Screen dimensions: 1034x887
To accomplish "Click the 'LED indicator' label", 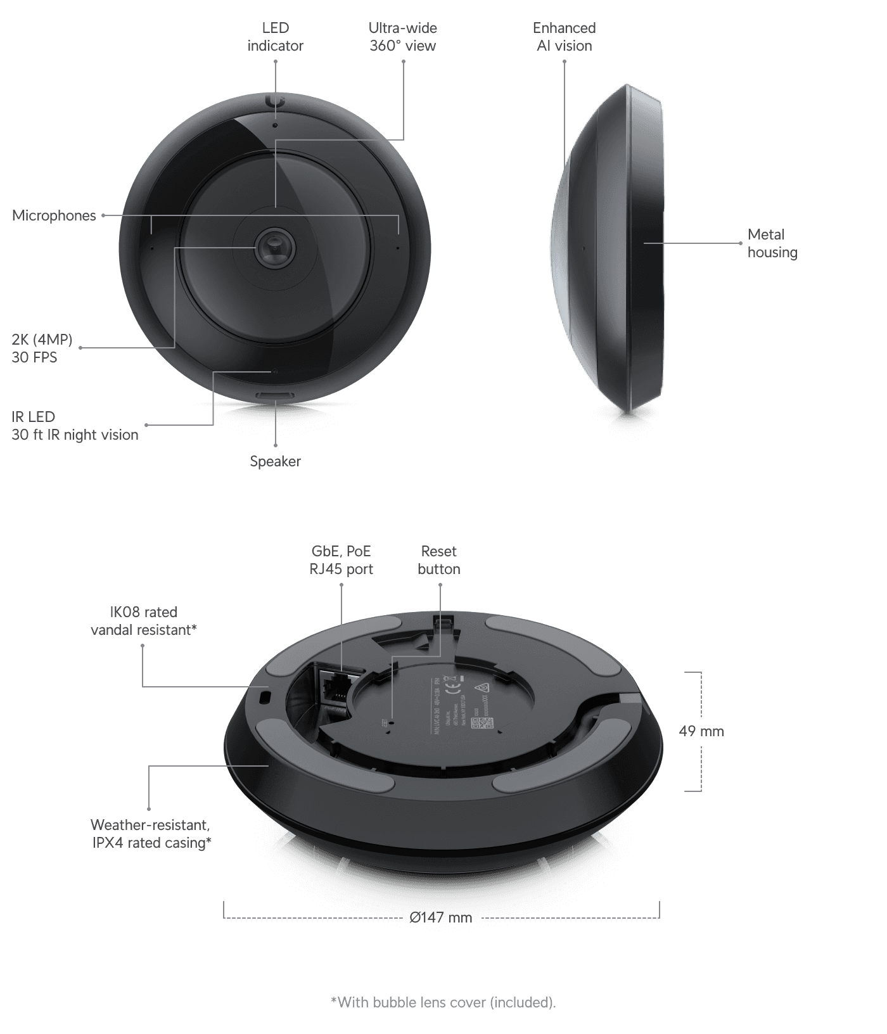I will click(275, 37).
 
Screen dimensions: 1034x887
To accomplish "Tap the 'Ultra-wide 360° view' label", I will click(403, 37).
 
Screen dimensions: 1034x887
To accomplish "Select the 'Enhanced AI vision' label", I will click(564, 37).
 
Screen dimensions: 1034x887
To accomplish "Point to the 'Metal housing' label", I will click(771, 243).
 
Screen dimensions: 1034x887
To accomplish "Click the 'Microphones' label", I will click(54, 215).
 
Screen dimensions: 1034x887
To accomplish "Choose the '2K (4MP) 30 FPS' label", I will click(42, 348).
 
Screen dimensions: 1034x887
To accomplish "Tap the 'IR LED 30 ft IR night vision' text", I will click(75, 426).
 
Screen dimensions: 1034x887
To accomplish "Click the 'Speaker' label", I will click(275, 461).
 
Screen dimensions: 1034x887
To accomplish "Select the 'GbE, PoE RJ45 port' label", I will click(341, 560).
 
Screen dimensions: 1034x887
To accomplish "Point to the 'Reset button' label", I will click(438, 560).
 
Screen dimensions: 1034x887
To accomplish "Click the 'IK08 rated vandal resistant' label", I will click(144, 621).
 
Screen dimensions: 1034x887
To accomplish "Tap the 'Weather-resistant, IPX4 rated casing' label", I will click(151, 834).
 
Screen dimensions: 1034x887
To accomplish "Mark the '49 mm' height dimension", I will click(701, 731).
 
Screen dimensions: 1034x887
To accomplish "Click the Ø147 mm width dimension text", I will click(440, 917).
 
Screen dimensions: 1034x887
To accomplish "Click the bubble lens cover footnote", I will click(443, 1002).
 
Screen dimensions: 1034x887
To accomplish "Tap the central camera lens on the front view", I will click(275, 247).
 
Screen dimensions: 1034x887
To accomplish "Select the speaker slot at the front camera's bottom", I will click(275, 395).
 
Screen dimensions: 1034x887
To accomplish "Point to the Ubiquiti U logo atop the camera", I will click(275, 101).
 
